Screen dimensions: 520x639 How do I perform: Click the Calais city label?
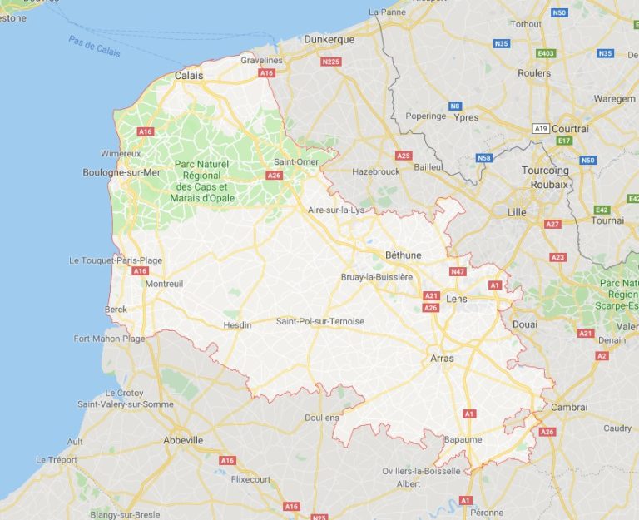pyautogui.click(x=189, y=75)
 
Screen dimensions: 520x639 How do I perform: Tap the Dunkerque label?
pyautogui.click(x=329, y=39)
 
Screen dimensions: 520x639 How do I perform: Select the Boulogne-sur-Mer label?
pyautogui.click(x=121, y=172)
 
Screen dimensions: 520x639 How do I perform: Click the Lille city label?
pyautogui.click(x=517, y=212)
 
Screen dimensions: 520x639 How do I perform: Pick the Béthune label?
pyautogui.click(x=403, y=255)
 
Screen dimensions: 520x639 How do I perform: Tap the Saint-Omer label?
pyautogui.click(x=296, y=161)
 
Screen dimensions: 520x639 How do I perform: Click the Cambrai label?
pyautogui.click(x=569, y=407)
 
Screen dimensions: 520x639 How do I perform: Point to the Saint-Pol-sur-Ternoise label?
pyautogui.click(x=320, y=321)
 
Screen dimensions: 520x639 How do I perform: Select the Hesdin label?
pyautogui.click(x=237, y=325)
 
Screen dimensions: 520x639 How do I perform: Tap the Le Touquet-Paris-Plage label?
pyautogui.click(x=116, y=260)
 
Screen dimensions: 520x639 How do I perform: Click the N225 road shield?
pyautogui.click(x=331, y=62)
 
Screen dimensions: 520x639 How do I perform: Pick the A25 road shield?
pyautogui.click(x=404, y=156)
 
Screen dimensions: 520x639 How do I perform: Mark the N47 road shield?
pyautogui.click(x=458, y=271)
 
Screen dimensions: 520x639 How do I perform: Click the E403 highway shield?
pyautogui.click(x=546, y=53)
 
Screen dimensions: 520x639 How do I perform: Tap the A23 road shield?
pyautogui.click(x=557, y=257)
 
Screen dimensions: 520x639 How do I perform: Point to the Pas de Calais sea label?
pyautogui.click(x=94, y=47)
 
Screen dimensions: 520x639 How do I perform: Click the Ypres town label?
pyautogui.click(x=467, y=117)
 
